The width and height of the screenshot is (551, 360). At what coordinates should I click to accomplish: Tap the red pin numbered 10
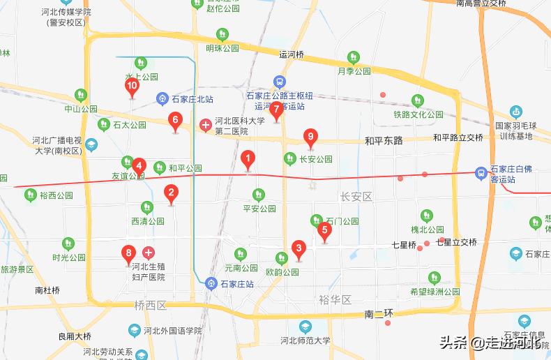coord(132,87)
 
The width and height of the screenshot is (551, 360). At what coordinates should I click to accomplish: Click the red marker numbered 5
coord(324,230)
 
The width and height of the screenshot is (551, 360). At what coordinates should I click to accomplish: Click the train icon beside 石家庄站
coord(211,283)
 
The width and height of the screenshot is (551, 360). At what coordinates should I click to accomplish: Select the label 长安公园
coord(315,159)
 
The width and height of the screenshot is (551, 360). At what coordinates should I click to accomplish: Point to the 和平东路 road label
coord(384,140)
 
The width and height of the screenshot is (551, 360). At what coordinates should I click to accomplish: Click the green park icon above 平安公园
coord(259,195)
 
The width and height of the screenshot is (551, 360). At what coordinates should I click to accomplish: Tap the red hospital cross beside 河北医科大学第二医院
coord(206,125)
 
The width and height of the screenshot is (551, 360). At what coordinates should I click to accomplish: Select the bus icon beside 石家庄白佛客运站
coord(481,172)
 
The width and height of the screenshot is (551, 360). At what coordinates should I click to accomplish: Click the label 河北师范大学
coord(305,341)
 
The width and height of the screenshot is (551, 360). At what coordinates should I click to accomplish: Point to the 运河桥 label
coord(292,54)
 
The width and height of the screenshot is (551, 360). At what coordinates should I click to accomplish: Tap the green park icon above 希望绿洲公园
coord(435,278)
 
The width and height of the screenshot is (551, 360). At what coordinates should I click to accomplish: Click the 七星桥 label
coord(404,246)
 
